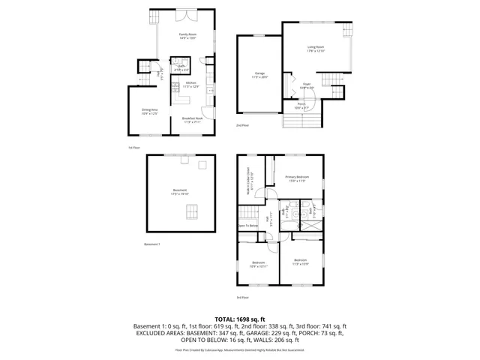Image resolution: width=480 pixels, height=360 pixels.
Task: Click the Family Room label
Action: [187, 36]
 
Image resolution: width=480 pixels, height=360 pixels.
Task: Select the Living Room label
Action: [316, 49]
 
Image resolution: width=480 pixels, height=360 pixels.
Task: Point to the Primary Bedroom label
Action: [296, 178]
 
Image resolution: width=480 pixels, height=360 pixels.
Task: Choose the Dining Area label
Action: [149, 112]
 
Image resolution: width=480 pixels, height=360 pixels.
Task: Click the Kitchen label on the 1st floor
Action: [191, 85]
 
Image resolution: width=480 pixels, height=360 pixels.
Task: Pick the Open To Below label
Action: [248, 225]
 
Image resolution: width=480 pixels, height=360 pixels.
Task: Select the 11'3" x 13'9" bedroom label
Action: [300, 262]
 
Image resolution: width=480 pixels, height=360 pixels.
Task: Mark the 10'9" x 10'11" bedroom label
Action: [259, 264]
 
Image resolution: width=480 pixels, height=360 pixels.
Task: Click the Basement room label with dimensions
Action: [179, 192]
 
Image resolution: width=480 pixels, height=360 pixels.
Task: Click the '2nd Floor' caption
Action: [242, 125]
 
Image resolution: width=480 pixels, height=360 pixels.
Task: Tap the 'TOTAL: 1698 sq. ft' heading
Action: [240, 319]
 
